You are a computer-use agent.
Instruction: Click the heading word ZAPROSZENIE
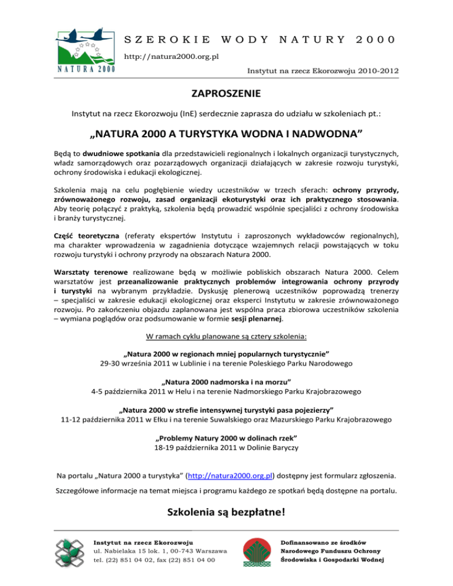(226, 94)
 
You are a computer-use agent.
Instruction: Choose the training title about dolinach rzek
(226, 438)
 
